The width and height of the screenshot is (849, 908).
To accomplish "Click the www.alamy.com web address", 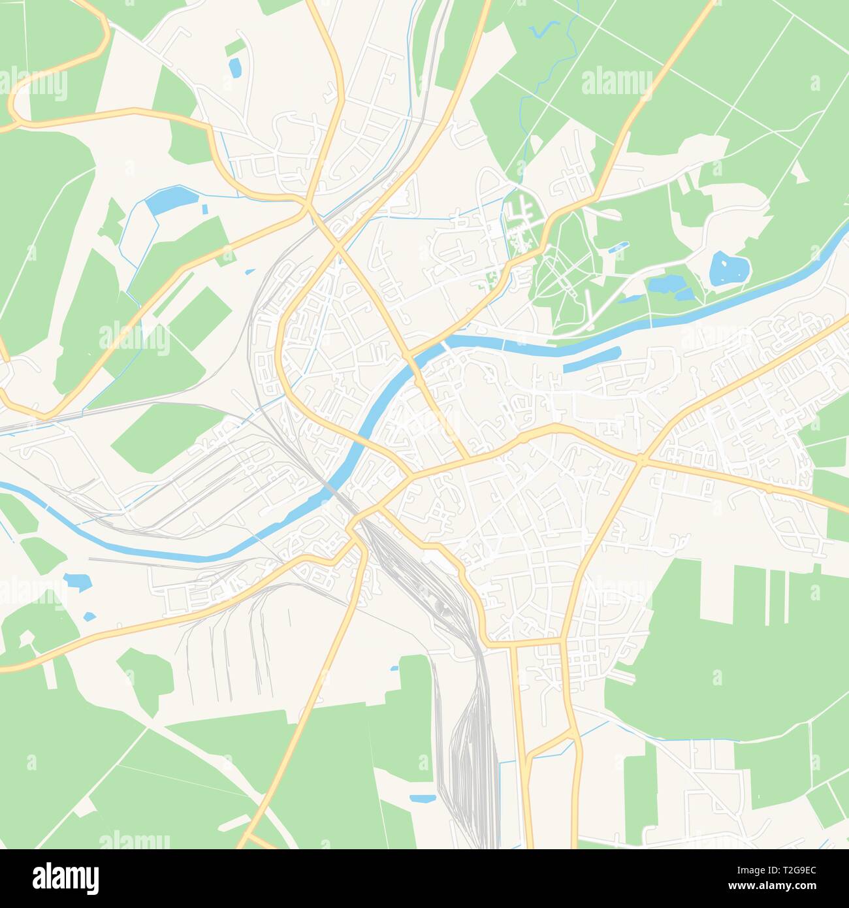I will click(782, 887).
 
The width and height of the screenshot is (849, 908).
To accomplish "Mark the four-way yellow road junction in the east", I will click(641, 460).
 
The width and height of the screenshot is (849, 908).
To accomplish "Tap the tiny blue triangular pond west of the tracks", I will click(249, 271).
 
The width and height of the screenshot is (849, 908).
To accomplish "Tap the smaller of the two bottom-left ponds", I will click(89, 615).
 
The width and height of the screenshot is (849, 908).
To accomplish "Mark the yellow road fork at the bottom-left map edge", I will click(248, 837).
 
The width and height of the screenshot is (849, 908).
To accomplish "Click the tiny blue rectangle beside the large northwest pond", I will click(205, 210).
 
